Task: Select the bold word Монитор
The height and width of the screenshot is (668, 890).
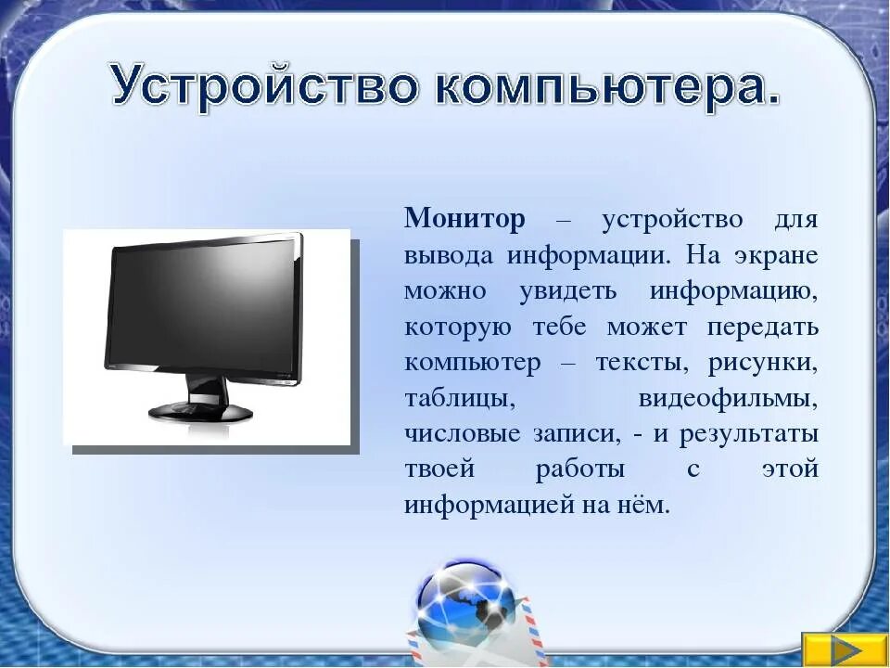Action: click(464, 220)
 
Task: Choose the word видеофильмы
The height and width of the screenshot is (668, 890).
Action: click(728, 399)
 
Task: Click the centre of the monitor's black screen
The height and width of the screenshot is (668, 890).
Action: click(202, 306)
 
